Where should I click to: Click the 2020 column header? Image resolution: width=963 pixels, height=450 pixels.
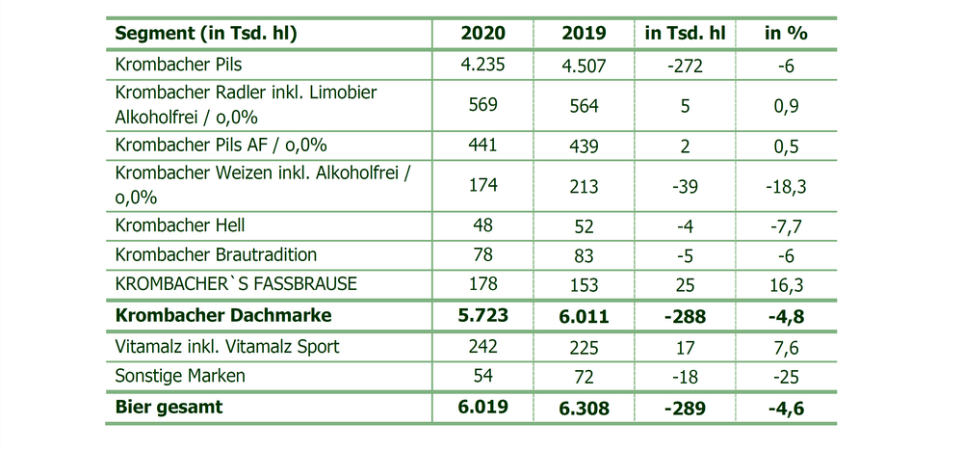coord(482,33)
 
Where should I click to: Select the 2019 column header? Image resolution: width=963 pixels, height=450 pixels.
coord(584,33)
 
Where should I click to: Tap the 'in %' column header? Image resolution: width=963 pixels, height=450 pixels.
coord(786,33)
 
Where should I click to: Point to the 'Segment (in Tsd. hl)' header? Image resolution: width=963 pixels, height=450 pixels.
coord(206,34)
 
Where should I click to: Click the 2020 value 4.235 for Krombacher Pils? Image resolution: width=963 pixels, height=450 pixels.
coord(482,64)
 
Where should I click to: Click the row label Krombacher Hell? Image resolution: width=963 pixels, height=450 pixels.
coord(180,225)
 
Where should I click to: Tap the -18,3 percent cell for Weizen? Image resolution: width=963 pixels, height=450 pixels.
coord(786,187)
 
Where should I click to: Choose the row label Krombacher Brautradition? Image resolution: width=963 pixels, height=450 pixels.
coord(216,254)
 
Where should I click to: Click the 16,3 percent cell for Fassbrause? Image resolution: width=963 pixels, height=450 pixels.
coord(786,285)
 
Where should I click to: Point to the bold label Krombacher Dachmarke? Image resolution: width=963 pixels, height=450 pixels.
coord(223,315)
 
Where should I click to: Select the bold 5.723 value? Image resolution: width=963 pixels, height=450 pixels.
coord(482,315)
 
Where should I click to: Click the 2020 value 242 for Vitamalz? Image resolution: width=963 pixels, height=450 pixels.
coord(482,346)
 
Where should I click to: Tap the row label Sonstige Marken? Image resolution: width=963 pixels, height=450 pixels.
coord(180,376)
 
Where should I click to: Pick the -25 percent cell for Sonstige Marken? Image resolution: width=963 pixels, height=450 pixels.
coord(786,376)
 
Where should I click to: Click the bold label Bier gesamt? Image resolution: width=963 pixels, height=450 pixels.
coord(169,407)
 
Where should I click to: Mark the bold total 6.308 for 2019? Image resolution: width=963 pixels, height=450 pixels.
coord(584,408)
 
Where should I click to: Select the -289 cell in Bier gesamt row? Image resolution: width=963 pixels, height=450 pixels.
coord(685,408)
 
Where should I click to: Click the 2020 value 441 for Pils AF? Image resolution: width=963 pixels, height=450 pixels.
coord(482,145)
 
